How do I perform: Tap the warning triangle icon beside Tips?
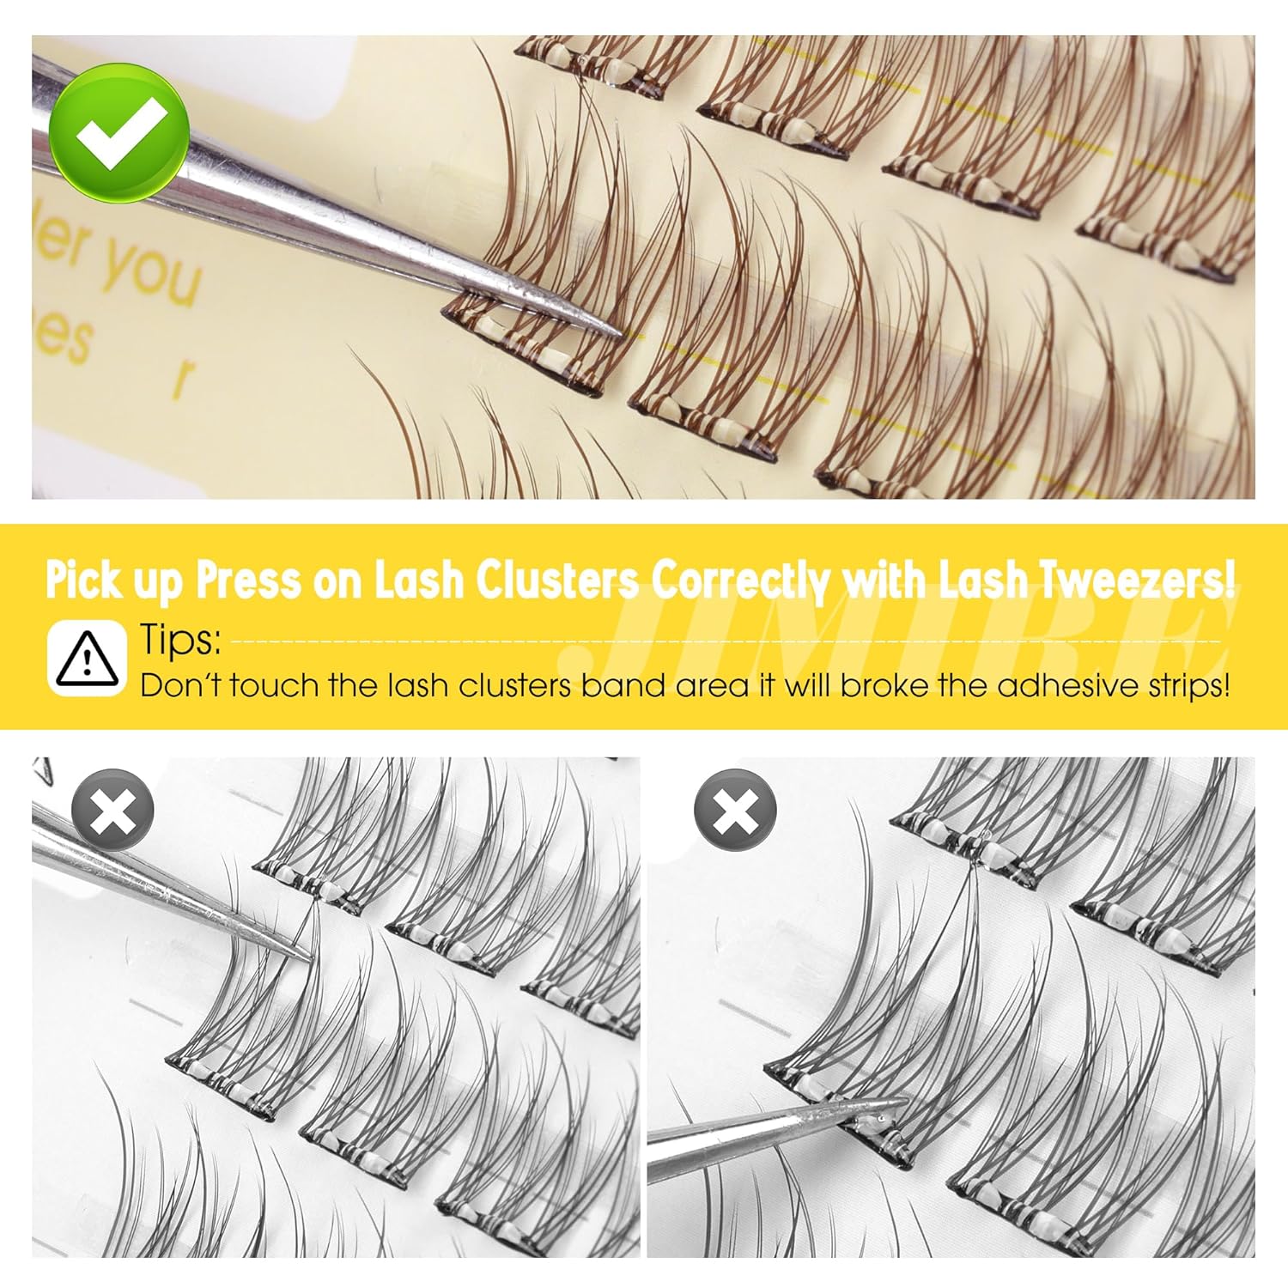(88, 659)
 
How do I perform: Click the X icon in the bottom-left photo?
(112, 810)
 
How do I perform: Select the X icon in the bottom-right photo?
(735, 810)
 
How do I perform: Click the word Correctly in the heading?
(740, 580)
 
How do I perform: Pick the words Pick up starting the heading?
(114, 580)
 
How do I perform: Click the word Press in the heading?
(249, 580)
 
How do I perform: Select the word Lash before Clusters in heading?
(420, 580)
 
